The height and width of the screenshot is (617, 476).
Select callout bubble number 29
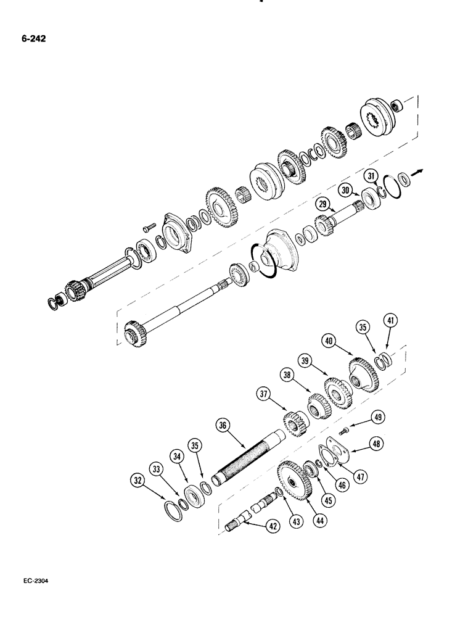322,204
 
